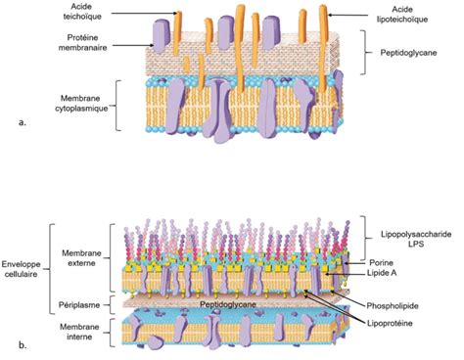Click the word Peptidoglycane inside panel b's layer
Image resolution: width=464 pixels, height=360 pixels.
tap(228, 304)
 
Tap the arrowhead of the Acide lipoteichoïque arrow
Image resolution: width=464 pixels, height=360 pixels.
tap(329, 15)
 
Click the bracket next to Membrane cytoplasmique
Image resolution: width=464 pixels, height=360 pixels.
tap(117, 102)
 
